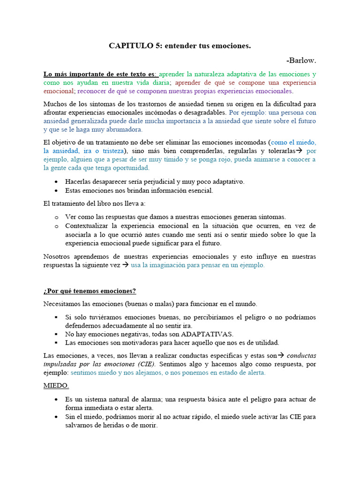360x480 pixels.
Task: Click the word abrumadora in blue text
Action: tap(125, 129)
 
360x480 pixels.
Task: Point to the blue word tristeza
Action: tap(111, 151)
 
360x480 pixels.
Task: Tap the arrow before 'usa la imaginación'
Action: tap(125, 265)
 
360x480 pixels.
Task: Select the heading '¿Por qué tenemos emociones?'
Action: tap(90, 291)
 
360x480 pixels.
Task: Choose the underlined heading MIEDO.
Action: tap(56, 385)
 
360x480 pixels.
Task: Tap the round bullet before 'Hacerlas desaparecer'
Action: tap(56, 182)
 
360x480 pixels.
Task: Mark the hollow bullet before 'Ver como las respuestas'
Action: tap(56, 217)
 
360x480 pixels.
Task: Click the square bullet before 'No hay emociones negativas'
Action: tap(56, 334)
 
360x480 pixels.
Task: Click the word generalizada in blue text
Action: tap(90, 121)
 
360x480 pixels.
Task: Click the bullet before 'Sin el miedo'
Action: tap(56, 417)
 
